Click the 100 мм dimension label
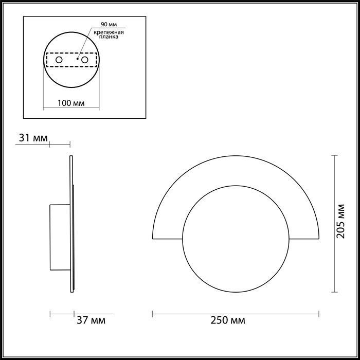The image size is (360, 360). tap(71, 103)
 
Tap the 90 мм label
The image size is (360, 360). tap(109, 25)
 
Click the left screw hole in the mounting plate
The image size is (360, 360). tap(59, 60)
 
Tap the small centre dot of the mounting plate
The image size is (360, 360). tap(77, 60)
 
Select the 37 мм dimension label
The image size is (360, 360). tap(91, 321)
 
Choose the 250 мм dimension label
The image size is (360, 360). tap(228, 321)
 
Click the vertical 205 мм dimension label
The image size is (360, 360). tap(345, 224)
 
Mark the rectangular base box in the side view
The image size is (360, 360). tap(59, 237)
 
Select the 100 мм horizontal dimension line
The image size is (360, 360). tap(71, 109)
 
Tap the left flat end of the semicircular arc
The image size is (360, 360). tap(167, 238)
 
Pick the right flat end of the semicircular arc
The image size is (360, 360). tap(305, 238)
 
